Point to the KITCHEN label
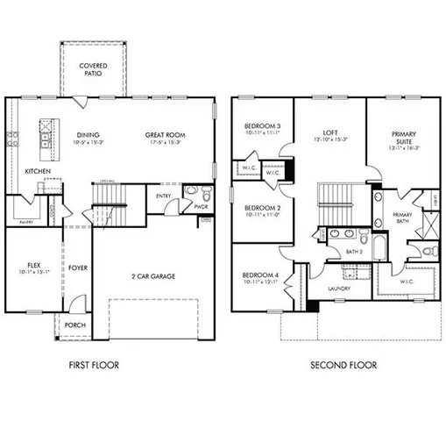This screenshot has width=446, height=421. (x=37, y=171)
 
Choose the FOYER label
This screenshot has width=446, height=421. (x=78, y=268)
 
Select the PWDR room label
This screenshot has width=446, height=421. (x=201, y=208)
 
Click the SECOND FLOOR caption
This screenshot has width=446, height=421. (x=344, y=365)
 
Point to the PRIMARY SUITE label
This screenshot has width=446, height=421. (x=404, y=138)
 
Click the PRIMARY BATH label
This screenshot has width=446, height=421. (x=402, y=218)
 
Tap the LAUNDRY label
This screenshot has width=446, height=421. (x=339, y=289)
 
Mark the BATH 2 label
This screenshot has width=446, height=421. (x=353, y=253)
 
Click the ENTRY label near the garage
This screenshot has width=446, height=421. (x=163, y=196)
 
